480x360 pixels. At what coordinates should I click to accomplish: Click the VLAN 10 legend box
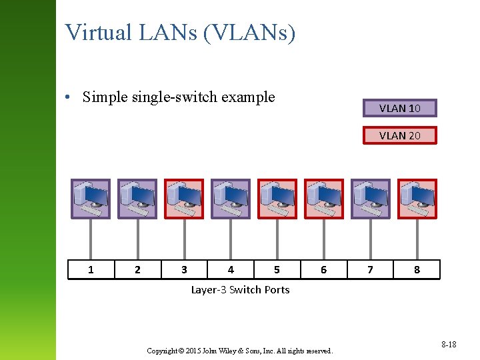399,108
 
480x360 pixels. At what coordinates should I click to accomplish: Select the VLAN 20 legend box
399,135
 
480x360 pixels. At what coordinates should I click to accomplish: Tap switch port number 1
91,269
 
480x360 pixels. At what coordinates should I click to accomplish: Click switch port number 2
137,269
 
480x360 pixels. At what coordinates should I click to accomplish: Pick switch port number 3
184,269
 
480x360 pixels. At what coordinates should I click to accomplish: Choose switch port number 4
231,269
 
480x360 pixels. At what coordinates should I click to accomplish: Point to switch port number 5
277,269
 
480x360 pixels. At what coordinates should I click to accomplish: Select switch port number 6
323,269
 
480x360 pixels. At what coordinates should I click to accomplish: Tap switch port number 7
370,269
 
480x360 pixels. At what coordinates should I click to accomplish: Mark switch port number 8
417,269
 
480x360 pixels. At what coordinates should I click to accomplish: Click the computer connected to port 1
91,199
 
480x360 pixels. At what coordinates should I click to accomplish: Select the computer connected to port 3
184,199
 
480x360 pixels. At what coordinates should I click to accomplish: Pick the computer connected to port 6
323,199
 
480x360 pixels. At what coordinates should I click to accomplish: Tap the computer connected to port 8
417,199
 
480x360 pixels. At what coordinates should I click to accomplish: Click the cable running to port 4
231,239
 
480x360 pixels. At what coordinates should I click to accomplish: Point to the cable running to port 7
370,239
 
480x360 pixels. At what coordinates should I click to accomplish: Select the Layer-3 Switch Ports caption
240,289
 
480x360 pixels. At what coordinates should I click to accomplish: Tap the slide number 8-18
448,344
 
